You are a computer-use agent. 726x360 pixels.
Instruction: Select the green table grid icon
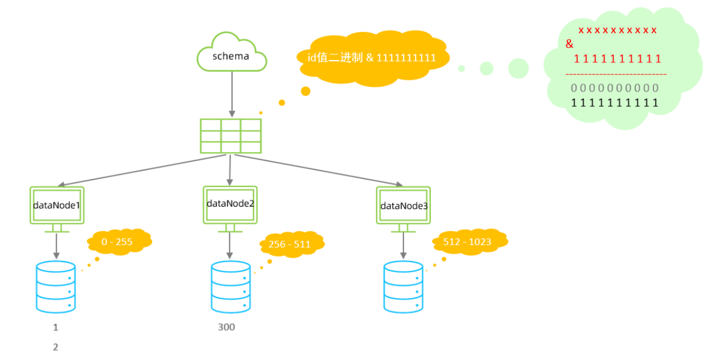(x=231, y=136)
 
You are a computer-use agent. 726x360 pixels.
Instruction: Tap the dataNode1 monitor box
(x=57, y=205)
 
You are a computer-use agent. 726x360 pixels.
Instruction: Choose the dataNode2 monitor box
(x=230, y=205)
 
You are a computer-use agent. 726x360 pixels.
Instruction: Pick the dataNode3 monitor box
(x=403, y=205)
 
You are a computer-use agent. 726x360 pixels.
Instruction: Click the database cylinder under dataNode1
(x=55, y=287)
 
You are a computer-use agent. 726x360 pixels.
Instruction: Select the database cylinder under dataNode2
(x=231, y=287)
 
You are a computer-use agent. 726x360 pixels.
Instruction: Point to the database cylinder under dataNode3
(x=403, y=287)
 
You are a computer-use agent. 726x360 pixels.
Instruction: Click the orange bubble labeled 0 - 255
(x=119, y=242)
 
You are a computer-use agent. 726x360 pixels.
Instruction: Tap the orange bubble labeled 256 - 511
(x=292, y=244)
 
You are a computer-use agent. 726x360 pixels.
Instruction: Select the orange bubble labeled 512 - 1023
(x=470, y=242)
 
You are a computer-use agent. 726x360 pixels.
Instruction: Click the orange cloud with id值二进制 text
(x=372, y=58)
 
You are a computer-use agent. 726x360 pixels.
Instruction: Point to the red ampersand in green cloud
(x=569, y=43)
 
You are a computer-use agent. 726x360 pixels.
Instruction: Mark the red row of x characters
(x=617, y=30)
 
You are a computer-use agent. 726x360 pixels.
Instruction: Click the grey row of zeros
(x=614, y=88)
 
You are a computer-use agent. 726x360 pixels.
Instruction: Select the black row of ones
(x=614, y=103)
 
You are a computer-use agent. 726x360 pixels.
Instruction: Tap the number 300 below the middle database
(x=227, y=327)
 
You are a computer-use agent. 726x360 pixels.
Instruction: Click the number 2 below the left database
(x=55, y=347)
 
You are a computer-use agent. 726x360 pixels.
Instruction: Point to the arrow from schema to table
(x=232, y=94)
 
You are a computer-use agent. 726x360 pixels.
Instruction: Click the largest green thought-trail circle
(x=518, y=69)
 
